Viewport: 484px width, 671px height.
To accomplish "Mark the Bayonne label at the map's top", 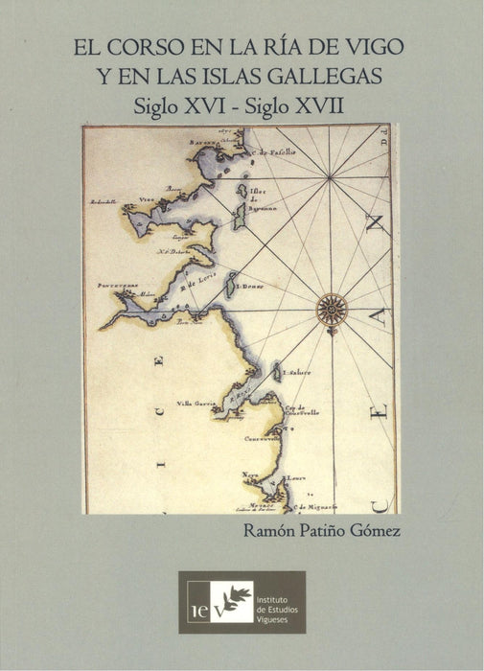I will click(x=208, y=142).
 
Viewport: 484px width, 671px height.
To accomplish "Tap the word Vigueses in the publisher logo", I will click(x=278, y=615).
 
